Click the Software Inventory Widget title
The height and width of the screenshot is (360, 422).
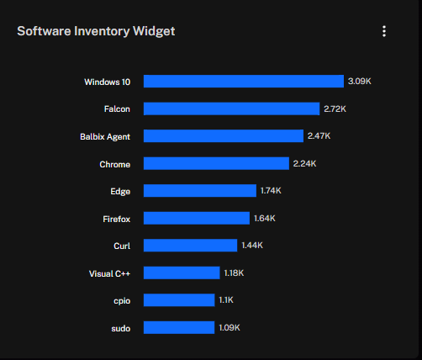tap(96, 31)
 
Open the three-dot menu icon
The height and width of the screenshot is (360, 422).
tap(384, 31)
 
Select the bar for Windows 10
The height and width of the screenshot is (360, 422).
tap(244, 82)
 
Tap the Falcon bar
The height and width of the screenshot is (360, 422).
tap(232, 109)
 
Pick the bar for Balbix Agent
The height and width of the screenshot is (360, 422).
tap(224, 136)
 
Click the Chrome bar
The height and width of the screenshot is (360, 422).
tap(216, 163)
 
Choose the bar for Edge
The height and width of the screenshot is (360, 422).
tap(200, 191)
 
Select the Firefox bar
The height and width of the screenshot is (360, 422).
tap(197, 218)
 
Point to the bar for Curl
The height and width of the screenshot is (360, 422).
tap(191, 246)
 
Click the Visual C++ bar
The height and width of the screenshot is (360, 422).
tap(182, 273)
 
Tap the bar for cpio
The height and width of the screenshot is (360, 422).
tap(179, 300)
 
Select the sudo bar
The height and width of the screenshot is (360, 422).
tap(179, 327)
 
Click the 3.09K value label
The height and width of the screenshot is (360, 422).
tap(360, 82)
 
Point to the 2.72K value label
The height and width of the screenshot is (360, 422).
tap(335, 109)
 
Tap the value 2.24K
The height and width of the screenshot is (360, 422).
tap(304, 163)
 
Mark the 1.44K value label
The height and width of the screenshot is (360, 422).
tap(252, 246)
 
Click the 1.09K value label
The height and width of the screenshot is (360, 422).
tap(229, 327)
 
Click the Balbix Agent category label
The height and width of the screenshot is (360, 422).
tap(105, 137)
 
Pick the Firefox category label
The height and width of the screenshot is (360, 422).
tap(117, 219)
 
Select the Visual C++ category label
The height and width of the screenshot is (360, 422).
tap(109, 273)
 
